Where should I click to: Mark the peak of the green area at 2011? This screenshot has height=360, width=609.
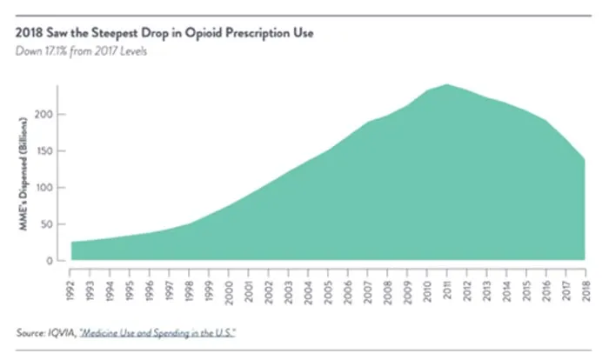446,84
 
